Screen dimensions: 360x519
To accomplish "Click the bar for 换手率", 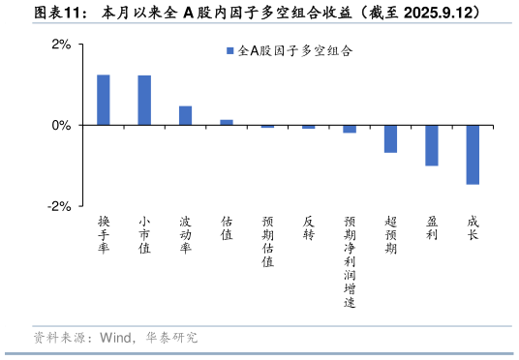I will pyautogui.click(x=103, y=100).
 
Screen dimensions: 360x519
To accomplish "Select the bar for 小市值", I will pyautogui.click(x=144, y=100).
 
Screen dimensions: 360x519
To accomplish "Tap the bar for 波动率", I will pyautogui.click(x=185, y=115).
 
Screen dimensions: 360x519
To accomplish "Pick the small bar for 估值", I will pyautogui.click(x=227, y=122).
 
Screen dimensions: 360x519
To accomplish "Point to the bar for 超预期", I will pyautogui.click(x=390, y=138).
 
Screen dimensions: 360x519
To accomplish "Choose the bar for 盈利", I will pyautogui.click(x=432, y=145).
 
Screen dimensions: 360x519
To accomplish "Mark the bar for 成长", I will pyautogui.click(x=473, y=154).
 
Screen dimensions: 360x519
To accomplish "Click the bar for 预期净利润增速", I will pyautogui.click(x=350, y=129).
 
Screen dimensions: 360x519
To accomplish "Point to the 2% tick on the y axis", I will pyautogui.click(x=60, y=45).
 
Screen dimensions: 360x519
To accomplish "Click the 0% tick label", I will pyautogui.click(x=60, y=125).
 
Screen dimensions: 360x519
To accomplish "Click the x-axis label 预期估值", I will pyautogui.click(x=267, y=242).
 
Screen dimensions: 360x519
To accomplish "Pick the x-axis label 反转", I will pyautogui.click(x=309, y=228).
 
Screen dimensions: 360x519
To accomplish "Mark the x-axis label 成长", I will pyautogui.click(x=473, y=228).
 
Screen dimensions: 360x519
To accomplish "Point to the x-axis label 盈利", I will pyautogui.click(x=432, y=228).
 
